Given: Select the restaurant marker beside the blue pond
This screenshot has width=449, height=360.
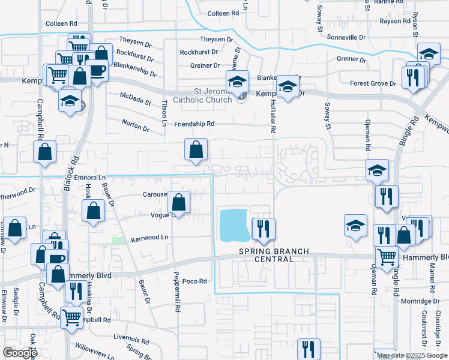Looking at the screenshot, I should point(263,229).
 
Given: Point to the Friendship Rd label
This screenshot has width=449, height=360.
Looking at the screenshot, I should point(194,124).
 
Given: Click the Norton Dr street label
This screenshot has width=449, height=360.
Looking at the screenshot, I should point(136,128).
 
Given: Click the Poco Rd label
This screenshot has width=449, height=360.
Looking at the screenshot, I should point(194,281).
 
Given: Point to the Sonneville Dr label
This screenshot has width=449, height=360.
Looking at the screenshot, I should point(346,37).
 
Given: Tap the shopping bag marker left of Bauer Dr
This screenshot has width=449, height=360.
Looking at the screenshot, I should point(94,211).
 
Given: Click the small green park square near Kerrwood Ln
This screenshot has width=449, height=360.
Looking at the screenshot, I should point(119,240).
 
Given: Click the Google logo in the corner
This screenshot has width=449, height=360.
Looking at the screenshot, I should point(20,353).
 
